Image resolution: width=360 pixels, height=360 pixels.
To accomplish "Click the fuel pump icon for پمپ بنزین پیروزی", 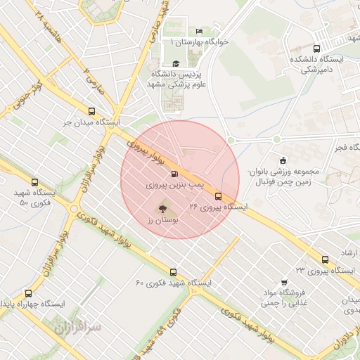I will (174, 173).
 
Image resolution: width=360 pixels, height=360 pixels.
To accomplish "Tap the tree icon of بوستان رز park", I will (162, 208).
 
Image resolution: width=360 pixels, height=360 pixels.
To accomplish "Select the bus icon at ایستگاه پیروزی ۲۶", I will (218, 196).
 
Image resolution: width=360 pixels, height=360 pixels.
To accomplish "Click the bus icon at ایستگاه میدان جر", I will (91, 111).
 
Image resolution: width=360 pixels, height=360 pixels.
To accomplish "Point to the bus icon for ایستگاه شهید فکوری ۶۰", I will (173, 271).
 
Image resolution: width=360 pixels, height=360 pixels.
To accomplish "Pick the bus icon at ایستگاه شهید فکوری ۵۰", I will (16, 192).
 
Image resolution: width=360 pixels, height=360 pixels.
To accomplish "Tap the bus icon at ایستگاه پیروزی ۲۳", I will (325, 259).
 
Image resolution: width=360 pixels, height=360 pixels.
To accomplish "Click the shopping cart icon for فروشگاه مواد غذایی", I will (284, 281).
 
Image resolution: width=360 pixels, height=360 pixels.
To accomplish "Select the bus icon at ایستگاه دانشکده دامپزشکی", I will (316, 49).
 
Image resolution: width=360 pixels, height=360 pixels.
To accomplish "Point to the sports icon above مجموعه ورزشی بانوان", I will (283, 160).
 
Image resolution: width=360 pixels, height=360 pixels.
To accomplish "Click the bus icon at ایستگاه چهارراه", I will (28, 293).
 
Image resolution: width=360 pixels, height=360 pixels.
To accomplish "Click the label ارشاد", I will (349, 252).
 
